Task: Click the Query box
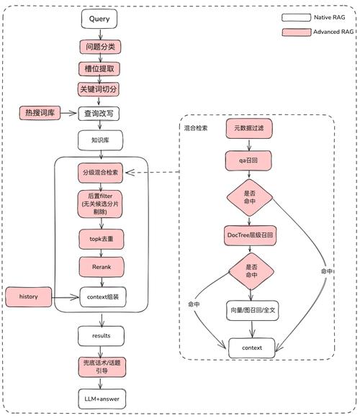click(99, 19)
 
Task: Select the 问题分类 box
click(99, 47)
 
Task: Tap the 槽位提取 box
click(99, 68)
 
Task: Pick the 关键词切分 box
click(99, 90)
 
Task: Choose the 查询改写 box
click(99, 113)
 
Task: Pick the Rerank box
click(101, 266)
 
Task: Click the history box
click(27, 296)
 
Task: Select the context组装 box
click(101, 296)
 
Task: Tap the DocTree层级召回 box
click(249, 235)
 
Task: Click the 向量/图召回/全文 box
click(249, 312)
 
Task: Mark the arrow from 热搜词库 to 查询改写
click(71, 113)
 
